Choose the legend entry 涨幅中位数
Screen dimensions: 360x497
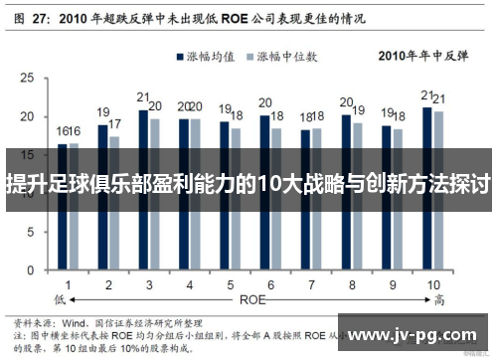294,57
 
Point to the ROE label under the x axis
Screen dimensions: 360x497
251,297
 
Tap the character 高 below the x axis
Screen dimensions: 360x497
434,298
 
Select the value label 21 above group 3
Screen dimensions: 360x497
143,97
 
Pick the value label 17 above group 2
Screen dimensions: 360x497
115,124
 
